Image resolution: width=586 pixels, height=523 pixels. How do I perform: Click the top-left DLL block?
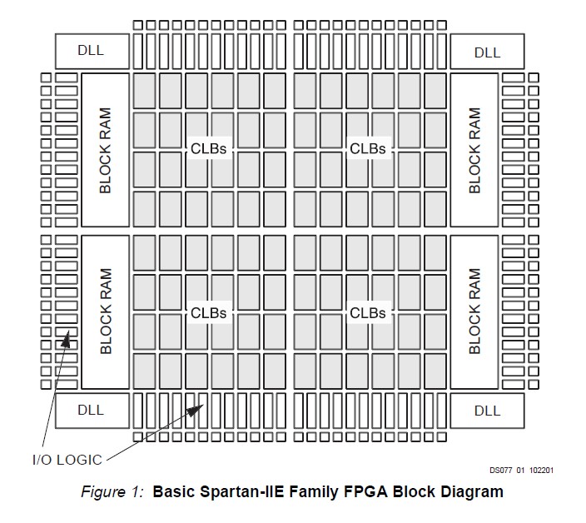pos(92,52)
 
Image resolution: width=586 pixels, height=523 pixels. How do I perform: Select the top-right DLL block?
pos(487,52)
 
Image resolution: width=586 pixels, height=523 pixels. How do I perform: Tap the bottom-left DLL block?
pos(92,411)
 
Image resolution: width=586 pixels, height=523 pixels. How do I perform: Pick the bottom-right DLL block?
pos(487,411)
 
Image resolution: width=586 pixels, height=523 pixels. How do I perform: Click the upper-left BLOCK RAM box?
pos(105,150)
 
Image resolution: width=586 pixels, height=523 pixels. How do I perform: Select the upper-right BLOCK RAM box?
pos(474,150)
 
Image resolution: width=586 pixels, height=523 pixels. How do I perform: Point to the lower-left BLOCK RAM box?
pos(105,311)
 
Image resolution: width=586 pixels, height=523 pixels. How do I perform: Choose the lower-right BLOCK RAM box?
pos(474,311)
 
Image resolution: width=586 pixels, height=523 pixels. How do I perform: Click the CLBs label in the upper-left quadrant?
pos(209,148)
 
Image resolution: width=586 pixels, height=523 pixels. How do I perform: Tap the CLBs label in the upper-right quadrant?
pos(368,148)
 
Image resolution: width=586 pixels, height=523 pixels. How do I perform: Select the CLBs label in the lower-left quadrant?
pos(209,313)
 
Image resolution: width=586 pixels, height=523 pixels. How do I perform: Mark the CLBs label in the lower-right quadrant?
pos(368,313)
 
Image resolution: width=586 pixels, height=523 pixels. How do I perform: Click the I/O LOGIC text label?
pos(68,459)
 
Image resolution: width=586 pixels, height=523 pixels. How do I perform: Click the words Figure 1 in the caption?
pos(113,491)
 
